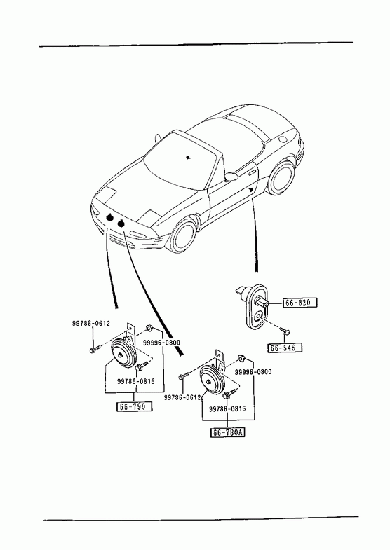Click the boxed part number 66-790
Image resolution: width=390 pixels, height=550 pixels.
pos(135,406)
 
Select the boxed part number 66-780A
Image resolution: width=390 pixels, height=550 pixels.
pos(228,432)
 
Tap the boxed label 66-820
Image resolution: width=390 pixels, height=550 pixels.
pos(300,303)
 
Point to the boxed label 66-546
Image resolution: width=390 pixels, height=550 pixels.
pos(285,348)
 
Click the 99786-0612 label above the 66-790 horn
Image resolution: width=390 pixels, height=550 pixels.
pos(91,324)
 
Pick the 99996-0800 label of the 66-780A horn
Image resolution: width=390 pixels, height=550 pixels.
pos(253,372)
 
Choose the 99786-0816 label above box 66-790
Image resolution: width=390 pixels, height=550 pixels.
pos(136,381)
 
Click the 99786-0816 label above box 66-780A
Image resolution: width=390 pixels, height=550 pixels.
pos(227,408)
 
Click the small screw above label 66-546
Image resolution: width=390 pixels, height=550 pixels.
pos(285,331)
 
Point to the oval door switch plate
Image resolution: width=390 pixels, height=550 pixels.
pos(256,307)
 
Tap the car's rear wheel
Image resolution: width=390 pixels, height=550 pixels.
pos(281,177)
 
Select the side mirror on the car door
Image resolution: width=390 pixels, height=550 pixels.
pos(231,176)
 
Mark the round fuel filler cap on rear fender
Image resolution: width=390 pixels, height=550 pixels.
pos(282,139)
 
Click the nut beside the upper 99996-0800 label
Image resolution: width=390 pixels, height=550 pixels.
pos(149,328)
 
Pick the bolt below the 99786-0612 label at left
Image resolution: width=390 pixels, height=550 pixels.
pos(94,349)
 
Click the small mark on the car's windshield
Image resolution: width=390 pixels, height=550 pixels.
pos(189,157)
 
